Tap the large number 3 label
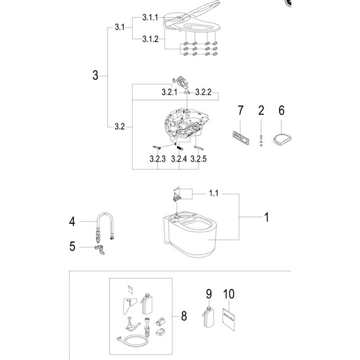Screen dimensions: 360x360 (x=95, y=75)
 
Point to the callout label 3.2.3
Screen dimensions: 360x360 (x=157, y=159)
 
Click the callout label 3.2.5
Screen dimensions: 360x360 (x=200, y=159)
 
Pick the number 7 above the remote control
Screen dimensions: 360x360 (x=240, y=110)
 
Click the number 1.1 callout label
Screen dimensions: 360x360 (x=214, y=193)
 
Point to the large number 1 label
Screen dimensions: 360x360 (x=266, y=217)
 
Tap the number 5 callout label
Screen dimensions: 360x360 (x=72, y=246)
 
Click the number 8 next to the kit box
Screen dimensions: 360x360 (x=184, y=317)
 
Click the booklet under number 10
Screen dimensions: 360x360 (x=230, y=320)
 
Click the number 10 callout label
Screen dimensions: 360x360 (x=230, y=293)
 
